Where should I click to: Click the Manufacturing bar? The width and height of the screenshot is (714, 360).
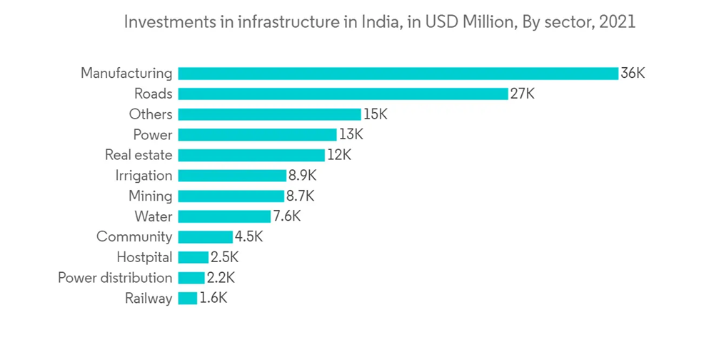[398, 73]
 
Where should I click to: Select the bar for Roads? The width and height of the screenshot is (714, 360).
[343, 94]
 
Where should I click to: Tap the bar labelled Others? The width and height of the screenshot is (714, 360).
[269, 114]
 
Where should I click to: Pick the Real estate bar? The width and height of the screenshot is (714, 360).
[251, 155]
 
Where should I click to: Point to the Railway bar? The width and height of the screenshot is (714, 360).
[187, 299]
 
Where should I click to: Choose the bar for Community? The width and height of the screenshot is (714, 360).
[205, 237]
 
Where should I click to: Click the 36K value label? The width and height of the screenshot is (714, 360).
[633, 73]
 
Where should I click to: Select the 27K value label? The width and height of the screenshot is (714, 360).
[522, 94]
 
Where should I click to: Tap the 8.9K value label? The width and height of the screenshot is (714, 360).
[302, 176]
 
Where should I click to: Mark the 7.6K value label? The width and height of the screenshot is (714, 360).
[286, 216]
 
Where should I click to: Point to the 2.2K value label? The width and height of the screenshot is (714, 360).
[221, 278]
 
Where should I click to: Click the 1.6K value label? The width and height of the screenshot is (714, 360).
[213, 299]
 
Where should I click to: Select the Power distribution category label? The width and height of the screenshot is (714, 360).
[115, 278]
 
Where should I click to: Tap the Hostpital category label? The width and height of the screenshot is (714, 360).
[144, 257]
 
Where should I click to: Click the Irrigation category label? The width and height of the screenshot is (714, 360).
[144, 176]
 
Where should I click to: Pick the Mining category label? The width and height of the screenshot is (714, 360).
[150, 196]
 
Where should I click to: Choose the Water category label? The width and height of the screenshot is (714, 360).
[153, 216]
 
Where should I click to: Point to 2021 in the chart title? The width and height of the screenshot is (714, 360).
[618, 22]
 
